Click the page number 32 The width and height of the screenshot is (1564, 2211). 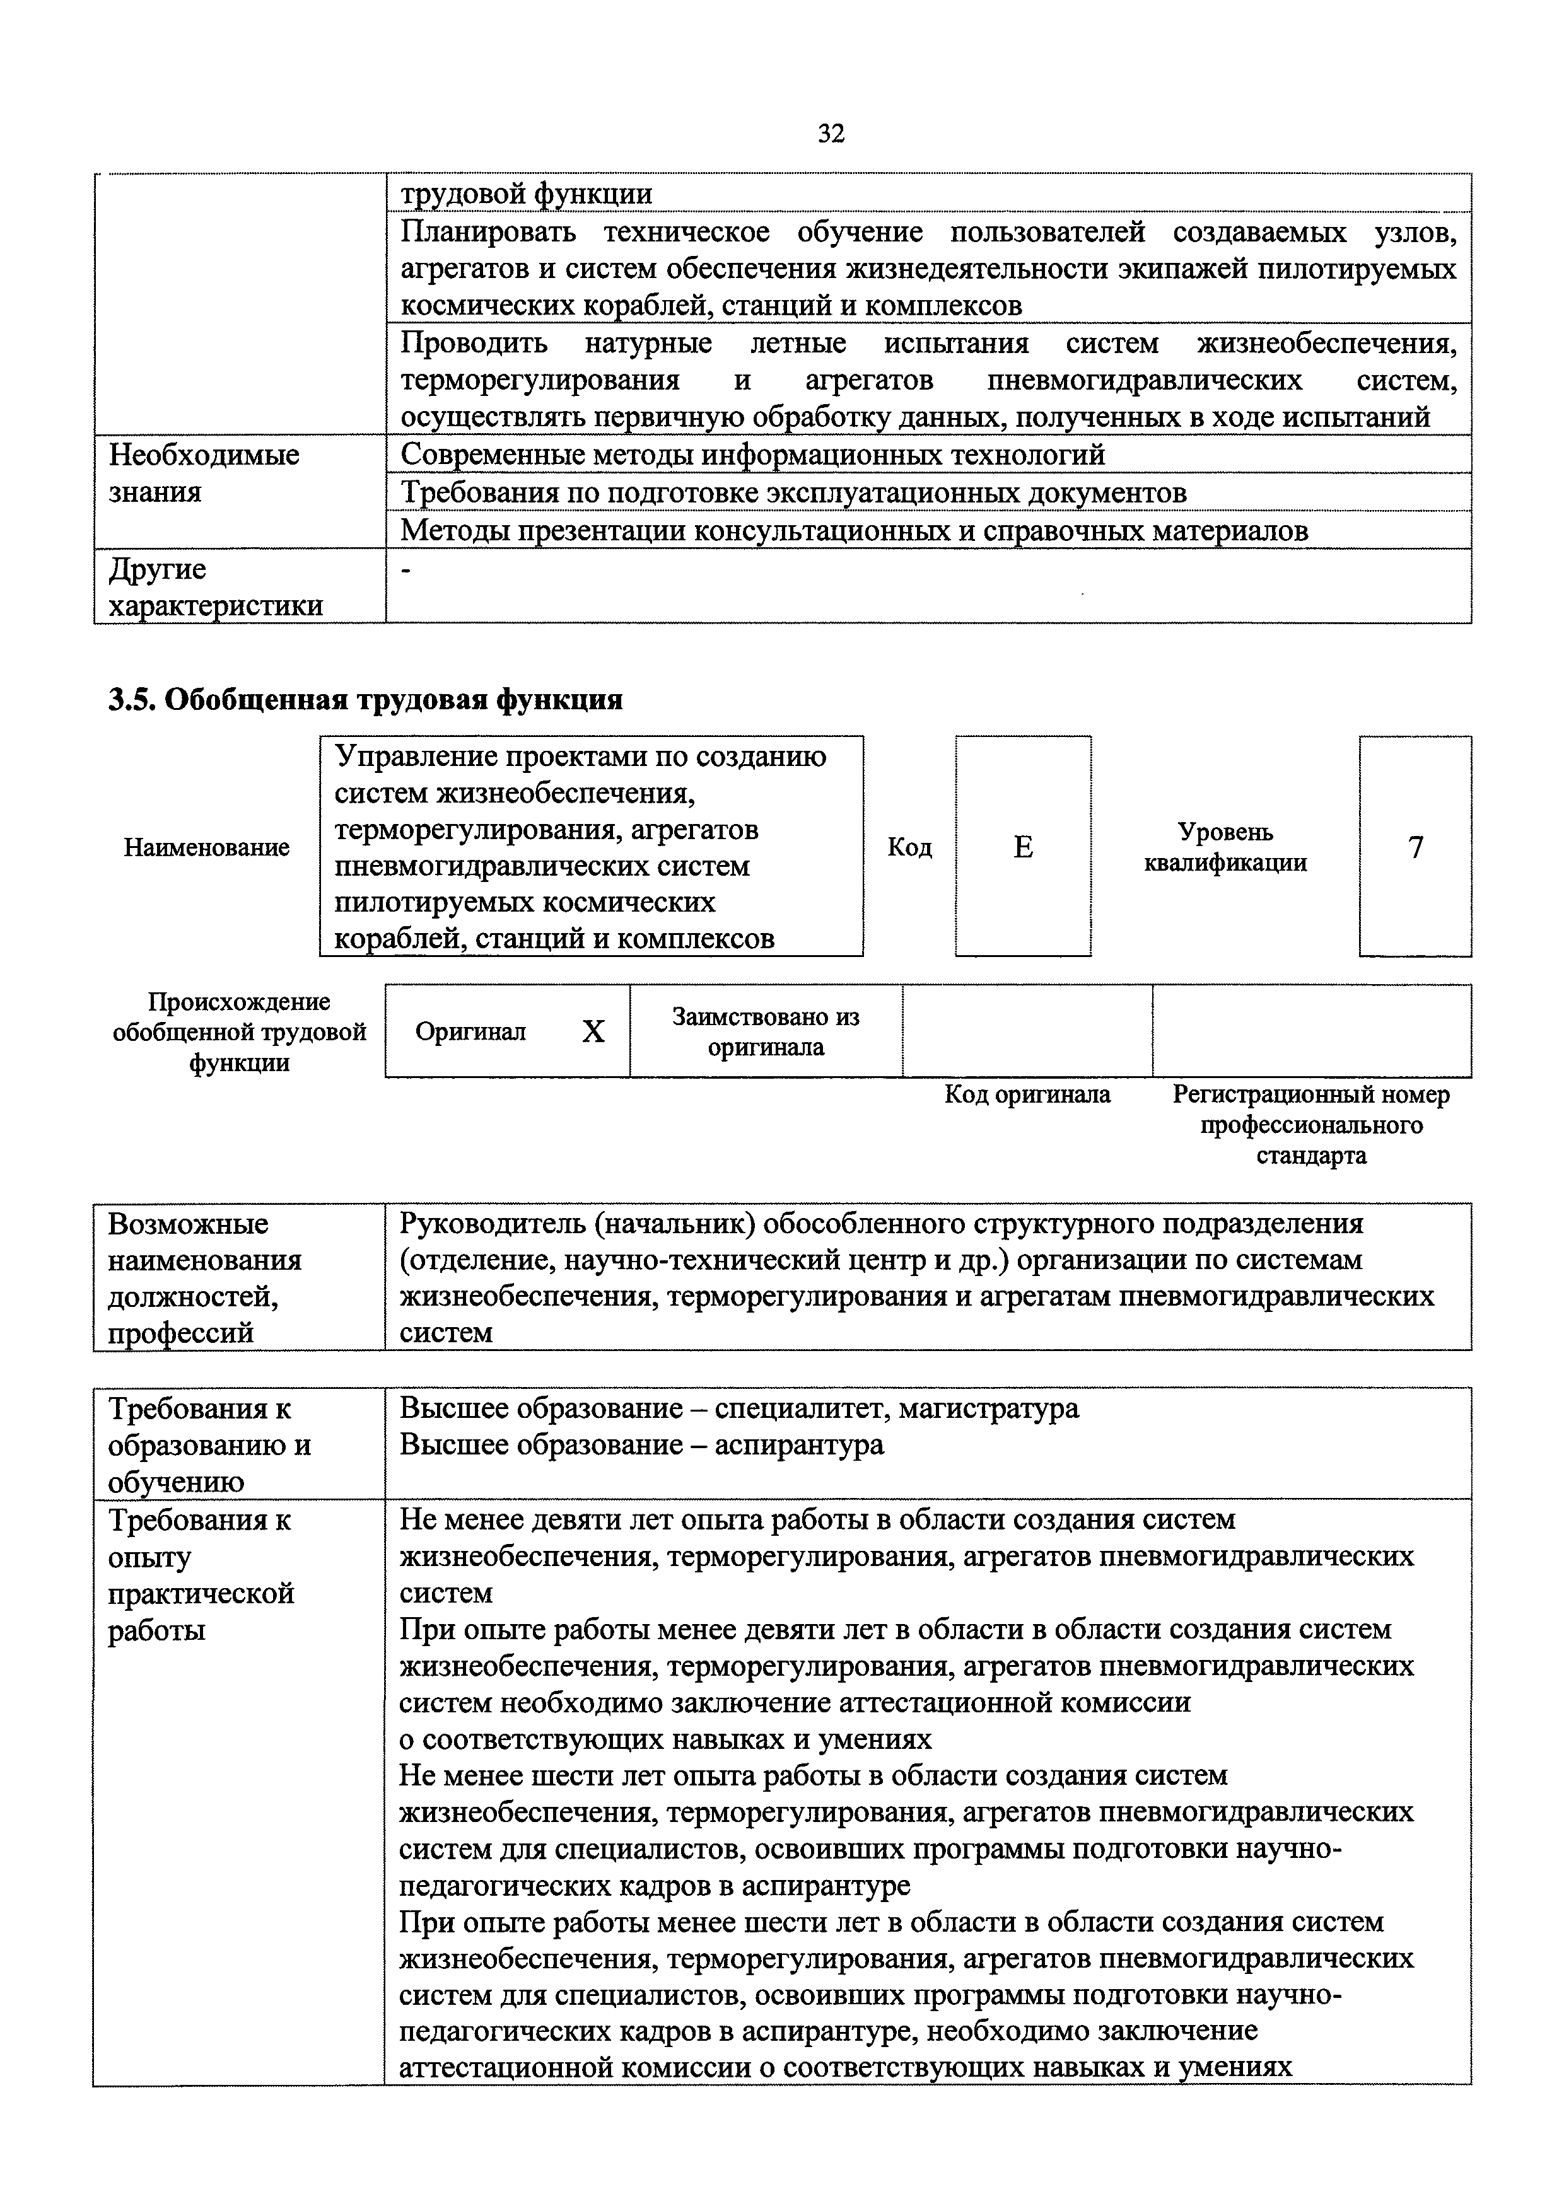830,134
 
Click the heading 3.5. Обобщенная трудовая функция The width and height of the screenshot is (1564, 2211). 365,700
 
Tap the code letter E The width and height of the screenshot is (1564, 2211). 1023,847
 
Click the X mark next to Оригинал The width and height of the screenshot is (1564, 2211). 593,1032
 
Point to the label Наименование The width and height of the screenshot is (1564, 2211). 206,847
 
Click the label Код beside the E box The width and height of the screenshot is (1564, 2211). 909,847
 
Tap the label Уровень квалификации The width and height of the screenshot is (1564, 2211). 1225,847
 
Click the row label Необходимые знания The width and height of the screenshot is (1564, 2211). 204,473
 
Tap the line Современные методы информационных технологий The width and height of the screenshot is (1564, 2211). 752,455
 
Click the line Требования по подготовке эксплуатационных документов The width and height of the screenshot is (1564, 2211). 793,493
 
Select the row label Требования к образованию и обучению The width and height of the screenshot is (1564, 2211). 210,1444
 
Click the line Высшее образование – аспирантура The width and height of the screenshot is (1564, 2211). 641,1444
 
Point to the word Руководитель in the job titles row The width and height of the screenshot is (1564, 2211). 491,1224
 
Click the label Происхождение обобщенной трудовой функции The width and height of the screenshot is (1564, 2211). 240,1032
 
